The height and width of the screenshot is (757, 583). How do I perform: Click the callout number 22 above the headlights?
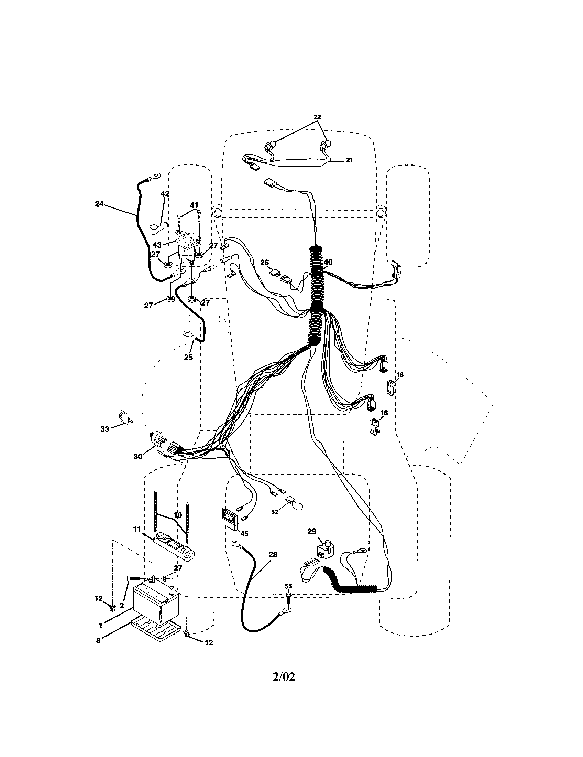[x=317, y=117]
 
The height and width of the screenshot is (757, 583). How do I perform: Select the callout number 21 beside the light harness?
[x=350, y=160]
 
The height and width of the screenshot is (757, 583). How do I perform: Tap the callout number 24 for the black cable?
[x=99, y=204]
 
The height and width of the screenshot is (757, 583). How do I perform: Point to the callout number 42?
[x=165, y=194]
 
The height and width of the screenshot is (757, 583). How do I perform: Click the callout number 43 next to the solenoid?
[x=157, y=245]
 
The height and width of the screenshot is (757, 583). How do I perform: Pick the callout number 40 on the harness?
[x=328, y=262]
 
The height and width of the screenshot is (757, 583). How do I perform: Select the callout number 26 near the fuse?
[x=264, y=263]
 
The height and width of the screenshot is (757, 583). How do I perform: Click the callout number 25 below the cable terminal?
[x=188, y=358]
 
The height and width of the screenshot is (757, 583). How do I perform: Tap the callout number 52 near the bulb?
[x=275, y=522]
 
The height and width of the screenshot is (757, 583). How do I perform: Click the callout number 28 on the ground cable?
[x=273, y=555]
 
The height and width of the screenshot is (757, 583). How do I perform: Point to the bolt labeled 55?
[x=288, y=596]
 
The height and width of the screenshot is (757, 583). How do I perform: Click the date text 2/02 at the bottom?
[x=284, y=677]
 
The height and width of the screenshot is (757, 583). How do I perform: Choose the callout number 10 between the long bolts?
[x=177, y=515]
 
